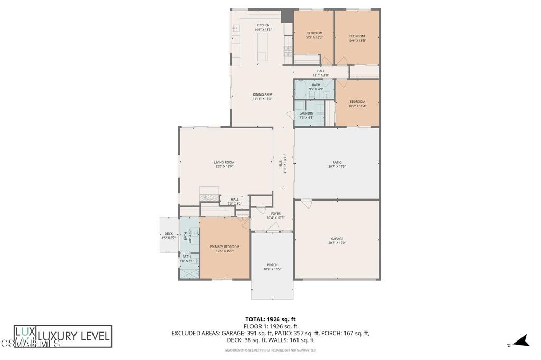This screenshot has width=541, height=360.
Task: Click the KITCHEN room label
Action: (263, 25)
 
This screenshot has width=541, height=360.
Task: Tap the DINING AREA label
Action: (262, 94)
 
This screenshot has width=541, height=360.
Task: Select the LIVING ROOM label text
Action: (224, 162)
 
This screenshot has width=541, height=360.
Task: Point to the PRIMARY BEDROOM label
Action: (225, 247)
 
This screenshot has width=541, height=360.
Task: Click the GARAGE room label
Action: (337, 239)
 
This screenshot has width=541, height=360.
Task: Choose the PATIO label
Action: (337, 162)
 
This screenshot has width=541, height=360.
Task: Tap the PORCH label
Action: (272, 265)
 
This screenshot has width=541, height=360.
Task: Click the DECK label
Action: (169, 234)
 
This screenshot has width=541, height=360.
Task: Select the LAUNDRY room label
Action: (306, 113)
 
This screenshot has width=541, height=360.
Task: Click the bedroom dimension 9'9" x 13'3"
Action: (314, 37)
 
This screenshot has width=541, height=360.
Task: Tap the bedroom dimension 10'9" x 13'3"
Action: (357, 40)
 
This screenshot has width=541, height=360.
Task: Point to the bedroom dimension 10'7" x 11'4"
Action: (357, 106)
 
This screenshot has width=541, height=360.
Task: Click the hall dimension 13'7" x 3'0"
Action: (321, 75)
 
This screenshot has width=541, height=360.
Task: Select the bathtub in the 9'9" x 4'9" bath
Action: (301, 89)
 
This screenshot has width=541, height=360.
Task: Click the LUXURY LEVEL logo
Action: (63, 336)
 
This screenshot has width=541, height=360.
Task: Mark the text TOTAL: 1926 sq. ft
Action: (270, 319)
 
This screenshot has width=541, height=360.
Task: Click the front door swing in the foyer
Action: (273, 227)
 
